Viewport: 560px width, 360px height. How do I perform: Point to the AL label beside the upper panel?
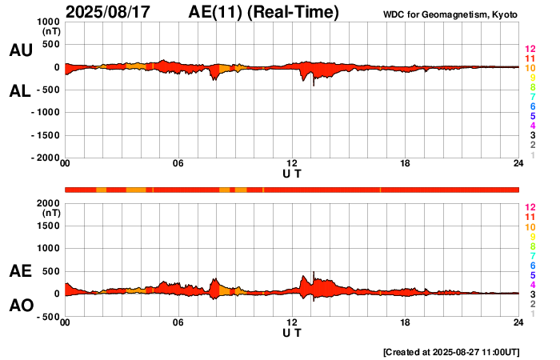pos(20,91)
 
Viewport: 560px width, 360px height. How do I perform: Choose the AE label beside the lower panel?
pos(20,271)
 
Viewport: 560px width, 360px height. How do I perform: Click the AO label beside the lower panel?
pos(20,306)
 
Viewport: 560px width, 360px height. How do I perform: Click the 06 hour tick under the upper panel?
pos(178,164)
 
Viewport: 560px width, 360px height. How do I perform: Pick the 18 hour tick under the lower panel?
pos(406,322)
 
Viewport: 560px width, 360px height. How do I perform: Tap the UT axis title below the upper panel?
pos(292,174)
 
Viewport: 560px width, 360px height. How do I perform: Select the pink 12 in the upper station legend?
pos(530,50)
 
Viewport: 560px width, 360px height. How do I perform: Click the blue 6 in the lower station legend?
pos(532,265)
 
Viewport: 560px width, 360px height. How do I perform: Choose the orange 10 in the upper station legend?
pos(530,69)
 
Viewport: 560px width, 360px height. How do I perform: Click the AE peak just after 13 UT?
pos(314,273)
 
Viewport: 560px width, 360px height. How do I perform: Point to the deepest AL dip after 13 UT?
pos(314,85)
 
